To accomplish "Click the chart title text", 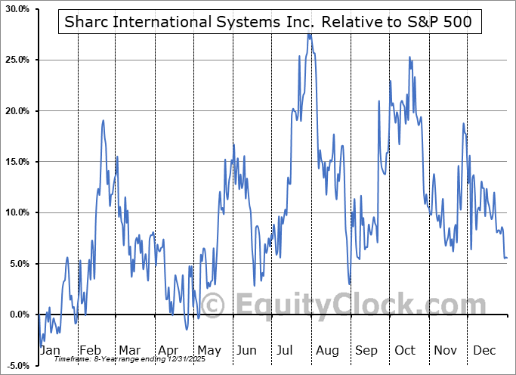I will tap(265, 22).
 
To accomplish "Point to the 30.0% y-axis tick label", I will tap(17, 9).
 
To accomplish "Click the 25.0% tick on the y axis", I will tap(17, 60).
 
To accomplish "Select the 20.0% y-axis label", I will tap(17, 111).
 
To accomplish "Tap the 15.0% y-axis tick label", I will tap(17, 162).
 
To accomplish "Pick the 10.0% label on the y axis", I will tap(17, 212).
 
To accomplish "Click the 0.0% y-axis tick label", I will tap(18, 315).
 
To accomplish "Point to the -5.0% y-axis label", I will tap(17, 365).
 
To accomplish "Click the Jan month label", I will tap(50, 351).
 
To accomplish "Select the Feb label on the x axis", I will tap(90, 351).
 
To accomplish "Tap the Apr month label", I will tap(168, 351).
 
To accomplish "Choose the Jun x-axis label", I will tap(246, 351).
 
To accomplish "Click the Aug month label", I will tap(326, 351).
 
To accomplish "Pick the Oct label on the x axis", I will tap(406, 351).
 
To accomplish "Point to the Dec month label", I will tap(485, 351).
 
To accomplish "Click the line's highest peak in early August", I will tap(309, 34).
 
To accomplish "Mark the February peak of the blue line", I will tap(103, 120).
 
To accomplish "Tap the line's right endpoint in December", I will tap(506, 259).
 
